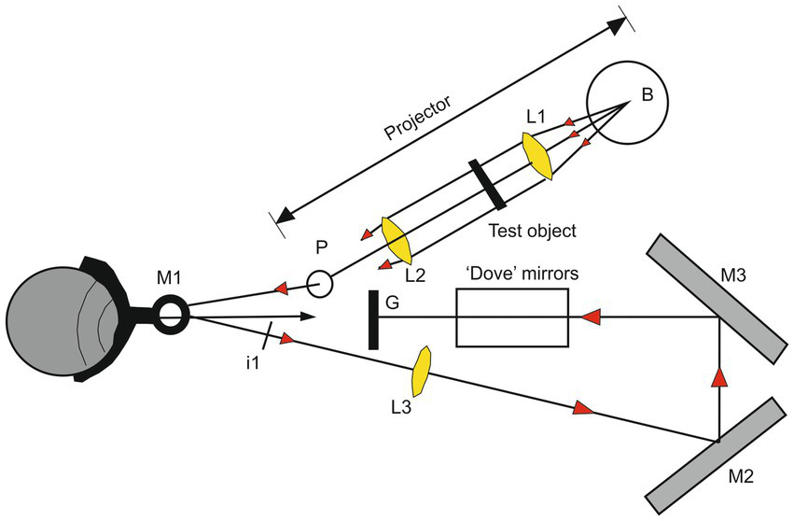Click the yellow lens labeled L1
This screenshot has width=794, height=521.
[539, 152]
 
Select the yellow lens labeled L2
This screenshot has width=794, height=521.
[397, 240]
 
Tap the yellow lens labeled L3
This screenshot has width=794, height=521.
[423, 371]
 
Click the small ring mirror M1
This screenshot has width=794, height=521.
[171, 315]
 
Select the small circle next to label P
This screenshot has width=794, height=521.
[319, 283]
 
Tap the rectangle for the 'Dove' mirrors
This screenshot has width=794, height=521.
[511, 317]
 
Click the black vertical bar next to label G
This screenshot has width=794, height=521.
[373, 319]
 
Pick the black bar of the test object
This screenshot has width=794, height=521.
[488, 184]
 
